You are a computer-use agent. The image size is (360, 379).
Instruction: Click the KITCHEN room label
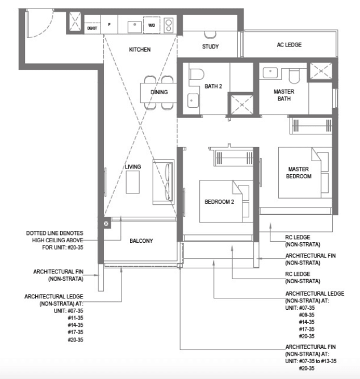click(x=140, y=49)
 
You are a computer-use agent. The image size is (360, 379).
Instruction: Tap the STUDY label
click(x=210, y=47)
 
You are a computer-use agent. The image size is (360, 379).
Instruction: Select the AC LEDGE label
click(x=289, y=45)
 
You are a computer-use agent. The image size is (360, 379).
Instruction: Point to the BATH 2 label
click(x=213, y=86)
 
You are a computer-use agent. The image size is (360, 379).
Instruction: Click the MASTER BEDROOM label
click(x=299, y=172)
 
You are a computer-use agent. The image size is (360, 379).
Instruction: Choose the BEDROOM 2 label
click(x=219, y=202)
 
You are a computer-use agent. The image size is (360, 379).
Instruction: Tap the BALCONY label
click(x=141, y=241)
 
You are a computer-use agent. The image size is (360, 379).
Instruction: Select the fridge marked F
click(x=109, y=24)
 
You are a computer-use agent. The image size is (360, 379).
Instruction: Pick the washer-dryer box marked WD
click(x=152, y=25)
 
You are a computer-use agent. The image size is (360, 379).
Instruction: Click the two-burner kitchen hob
click(x=169, y=26)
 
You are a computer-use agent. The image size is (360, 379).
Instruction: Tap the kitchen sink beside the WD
click(x=135, y=27)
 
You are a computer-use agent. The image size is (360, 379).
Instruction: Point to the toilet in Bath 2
click(x=196, y=74)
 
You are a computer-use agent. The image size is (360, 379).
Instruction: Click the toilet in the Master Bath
click(x=294, y=76)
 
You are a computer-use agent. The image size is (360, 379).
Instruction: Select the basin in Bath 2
click(x=193, y=100)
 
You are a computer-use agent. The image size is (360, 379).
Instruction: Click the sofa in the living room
click(x=164, y=182)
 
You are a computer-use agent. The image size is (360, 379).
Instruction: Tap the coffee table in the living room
click(x=132, y=182)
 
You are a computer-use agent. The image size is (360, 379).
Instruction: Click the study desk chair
click(x=210, y=35)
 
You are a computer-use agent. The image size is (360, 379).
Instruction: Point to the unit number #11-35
click(x=76, y=318)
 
